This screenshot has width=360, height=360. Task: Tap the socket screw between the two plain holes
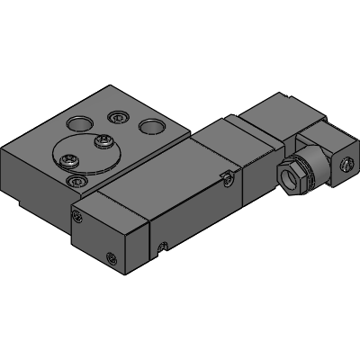point(116,116)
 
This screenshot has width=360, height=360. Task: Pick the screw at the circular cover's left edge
point(67,161)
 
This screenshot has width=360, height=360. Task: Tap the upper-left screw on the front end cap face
point(79,216)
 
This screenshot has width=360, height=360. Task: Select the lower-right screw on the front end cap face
point(112,259)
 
